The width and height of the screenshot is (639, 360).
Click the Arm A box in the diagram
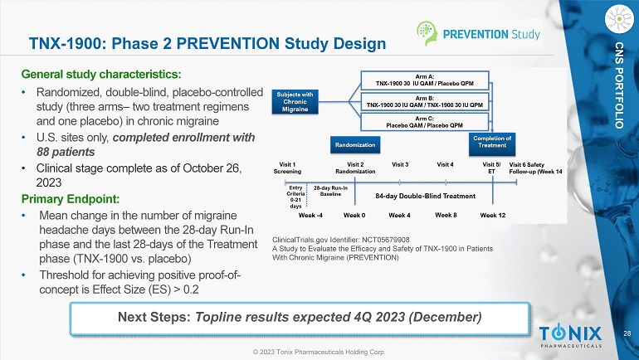point(425,80)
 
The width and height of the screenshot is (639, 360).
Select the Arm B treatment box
point(425,101)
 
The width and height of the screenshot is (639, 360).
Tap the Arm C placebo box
point(425,122)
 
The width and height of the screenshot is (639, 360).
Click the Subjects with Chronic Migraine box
point(295,102)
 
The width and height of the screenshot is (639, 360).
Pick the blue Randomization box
point(355,145)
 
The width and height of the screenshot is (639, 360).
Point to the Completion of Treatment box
point(492,144)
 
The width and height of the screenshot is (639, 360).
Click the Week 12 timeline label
point(493,215)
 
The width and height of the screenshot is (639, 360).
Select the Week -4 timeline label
point(310,215)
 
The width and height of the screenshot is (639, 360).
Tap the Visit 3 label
point(400,164)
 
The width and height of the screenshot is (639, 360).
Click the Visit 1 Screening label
point(287,168)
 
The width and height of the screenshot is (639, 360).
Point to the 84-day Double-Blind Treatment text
point(425,196)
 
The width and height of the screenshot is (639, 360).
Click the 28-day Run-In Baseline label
point(330,191)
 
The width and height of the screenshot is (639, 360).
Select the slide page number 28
point(627,333)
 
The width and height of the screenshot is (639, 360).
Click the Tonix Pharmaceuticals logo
point(571,336)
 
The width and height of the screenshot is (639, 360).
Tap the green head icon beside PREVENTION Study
point(427,33)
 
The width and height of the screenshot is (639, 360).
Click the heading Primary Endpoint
point(71,199)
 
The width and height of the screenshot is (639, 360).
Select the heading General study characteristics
point(101,75)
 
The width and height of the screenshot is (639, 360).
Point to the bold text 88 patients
point(66,152)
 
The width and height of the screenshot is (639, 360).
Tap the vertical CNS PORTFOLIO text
point(619,85)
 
